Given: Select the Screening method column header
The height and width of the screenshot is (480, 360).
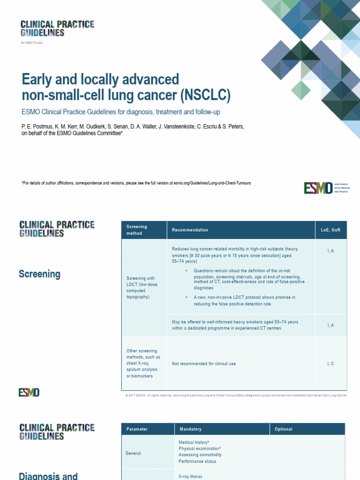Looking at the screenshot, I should point(137,230).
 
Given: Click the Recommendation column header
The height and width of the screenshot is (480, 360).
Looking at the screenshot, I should point(190,230).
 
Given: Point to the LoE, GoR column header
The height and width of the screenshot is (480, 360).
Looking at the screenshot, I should point(330,230).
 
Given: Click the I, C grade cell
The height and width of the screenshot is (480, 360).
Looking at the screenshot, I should point(330,364).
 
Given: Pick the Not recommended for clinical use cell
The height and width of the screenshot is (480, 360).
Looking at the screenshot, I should point(204,364).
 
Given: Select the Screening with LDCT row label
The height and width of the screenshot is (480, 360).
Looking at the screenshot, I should point(139,288).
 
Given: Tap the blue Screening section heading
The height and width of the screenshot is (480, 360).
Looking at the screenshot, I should point(39,274).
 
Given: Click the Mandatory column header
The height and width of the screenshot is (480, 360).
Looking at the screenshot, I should point(190,429).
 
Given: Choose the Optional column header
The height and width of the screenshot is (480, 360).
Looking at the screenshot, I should point(284,429).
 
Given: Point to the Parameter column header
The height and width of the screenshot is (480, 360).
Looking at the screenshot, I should point(137,429).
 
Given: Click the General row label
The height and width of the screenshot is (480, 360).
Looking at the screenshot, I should point(133,453).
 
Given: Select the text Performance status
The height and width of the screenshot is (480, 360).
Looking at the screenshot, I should point(197,461).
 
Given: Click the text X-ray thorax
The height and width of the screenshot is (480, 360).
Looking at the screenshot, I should point(190,476).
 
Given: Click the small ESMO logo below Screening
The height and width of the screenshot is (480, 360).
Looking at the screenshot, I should point(29,392).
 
